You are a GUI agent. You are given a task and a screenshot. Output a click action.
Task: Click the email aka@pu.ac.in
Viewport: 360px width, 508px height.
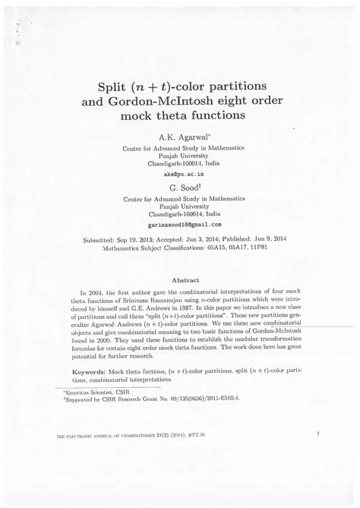179,174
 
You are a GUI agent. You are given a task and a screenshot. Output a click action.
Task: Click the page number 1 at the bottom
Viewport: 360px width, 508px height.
318,434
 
